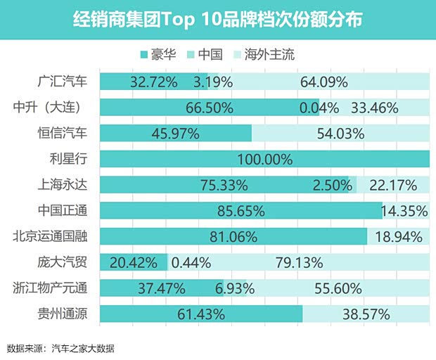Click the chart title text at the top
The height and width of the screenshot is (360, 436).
[x=218, y=20]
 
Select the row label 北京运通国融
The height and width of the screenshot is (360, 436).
[x=53, y=236]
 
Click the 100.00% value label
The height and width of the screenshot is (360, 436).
[x=264, y=160]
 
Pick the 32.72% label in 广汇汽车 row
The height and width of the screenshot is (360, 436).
[x=153, y=82]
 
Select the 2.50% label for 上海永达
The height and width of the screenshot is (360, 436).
[x=332, y=186]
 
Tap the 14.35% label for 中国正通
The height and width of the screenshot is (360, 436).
[x=404, y=211]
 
